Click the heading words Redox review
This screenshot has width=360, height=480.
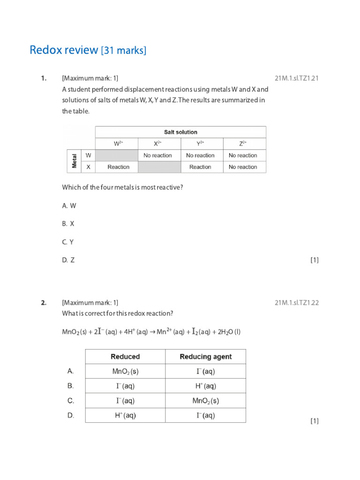pyautogui.click(x=64, y=50)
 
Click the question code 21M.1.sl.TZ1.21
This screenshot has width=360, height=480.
pyautogui.click(x=297, y=78)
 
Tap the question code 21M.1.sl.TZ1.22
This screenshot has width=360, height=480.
pyautogui.click(x=297, y=303)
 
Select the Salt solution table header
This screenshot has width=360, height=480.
pyautogui.click(x=180, y=132)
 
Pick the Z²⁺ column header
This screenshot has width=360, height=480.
pyautogui.click(x=243, y=144)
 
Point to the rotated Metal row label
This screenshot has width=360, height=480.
pyautogui.click(x=74, y=161)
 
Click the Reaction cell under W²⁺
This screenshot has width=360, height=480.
pyautogui.click(x=119, y=167)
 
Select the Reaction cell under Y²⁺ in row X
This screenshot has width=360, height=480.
pyautogui.click(x=200, y=167)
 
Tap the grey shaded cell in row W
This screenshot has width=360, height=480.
pyautogui.click(x=116, y=155)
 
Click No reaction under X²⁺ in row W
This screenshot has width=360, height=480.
pyautogui.click(x=157, y=155)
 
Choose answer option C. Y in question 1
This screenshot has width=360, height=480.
pyautogui.click(x=68, y=242)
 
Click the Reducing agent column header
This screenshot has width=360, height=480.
pyautogui.click(x=206, y=357)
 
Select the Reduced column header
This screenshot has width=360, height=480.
pyautogui.click(x=125, y=357)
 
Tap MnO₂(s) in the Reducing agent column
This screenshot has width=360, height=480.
pyautogui.click(x=206, y=401)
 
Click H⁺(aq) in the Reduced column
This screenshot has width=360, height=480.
pyautogui.click(x=125, y=416)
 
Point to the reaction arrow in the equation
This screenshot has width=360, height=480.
pyautogui.click(x=152, y=332)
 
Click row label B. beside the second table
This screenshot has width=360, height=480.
pyautogui.click(x=71, y=386)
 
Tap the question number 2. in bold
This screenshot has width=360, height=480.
pyautogui.click(x=44, y=303)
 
